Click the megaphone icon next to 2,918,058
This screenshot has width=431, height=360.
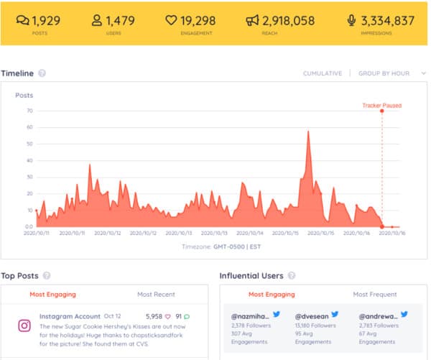pyautogui.click(x=252, y=21)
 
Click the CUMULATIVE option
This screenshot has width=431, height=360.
pyautogui.click(x=323, y=73)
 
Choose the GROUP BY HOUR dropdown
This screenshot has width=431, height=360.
pyautogui.click(x=384, y=73)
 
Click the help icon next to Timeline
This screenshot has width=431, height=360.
pyautogui.click(x=42, y=73)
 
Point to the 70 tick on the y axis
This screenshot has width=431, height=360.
pyautogui.click(x=30, y=111)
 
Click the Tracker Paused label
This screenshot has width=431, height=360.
pyautogui.click(x=381, y=106)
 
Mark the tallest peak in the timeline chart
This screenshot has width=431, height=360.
pyautogui.click(x=308, y=131)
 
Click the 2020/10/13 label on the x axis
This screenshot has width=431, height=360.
pyautogui.click(x=214, y=234)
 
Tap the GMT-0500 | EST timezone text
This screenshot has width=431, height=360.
pyautogui.click(x=229, y=246)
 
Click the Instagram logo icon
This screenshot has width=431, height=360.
pyautogui.click(x=24, y=326)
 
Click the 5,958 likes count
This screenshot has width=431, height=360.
pyautogui.click(x=154, y=316)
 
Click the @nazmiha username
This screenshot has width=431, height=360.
pyautogui.click(x=250, y=316)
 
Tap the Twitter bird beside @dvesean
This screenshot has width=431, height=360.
pyautogui.click(x=334, y=315)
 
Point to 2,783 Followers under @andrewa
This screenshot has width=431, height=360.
pyautogui.click(x=378, y=326)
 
